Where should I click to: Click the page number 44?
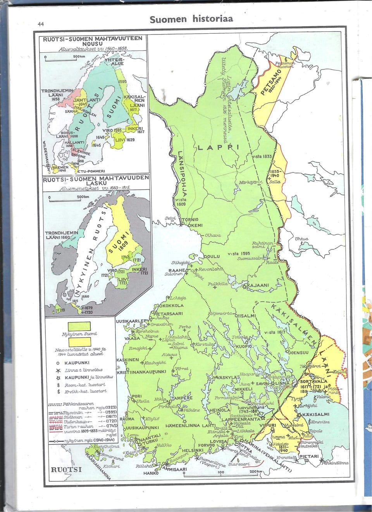pyautogui.click(x=41, y=24)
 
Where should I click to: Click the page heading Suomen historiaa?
pyautogui.click(x=191, y=19)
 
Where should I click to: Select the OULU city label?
pyautogui.click(x=213, y=256)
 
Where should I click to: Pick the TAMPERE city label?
pyautogui.click(x=182, y=398)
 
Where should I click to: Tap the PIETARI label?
pyautogui.click(x=309, y=457)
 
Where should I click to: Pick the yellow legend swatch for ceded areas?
pyautogui.click(x=79, y=342)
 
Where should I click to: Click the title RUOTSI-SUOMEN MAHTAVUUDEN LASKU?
pyautogui.click(x=95, y=180)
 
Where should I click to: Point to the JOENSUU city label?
pyautogui.click(x=298, y=352)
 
